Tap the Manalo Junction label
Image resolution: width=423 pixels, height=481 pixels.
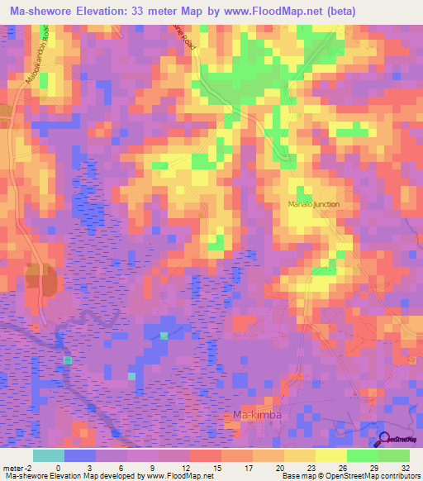click(313, 204)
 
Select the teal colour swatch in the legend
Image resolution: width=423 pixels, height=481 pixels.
click(48, 455)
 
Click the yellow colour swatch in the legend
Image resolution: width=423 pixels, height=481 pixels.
click(330, 455)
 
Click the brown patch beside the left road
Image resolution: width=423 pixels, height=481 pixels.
click(37, 280)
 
